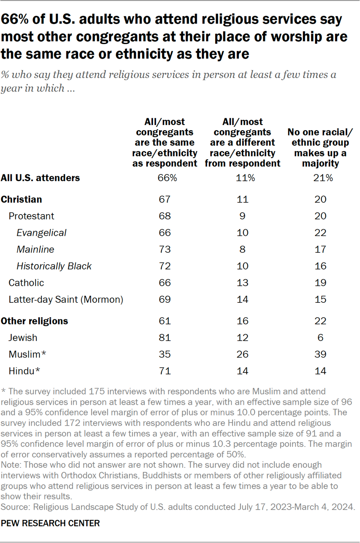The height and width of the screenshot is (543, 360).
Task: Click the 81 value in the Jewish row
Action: (x=165, y=338)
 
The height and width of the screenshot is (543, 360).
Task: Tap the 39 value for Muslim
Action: (x=320, y=355)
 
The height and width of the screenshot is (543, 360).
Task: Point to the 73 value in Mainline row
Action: (x=165, y=249)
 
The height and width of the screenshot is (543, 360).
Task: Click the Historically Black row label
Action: (x=54, y=266)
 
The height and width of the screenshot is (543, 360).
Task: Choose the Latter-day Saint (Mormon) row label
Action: (x=66, y=299)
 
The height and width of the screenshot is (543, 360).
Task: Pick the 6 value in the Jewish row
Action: (x=320, y=338)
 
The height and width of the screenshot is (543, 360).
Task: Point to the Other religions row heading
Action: (x=35, y=321)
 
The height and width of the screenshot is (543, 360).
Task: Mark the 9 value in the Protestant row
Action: (x=243, y=216)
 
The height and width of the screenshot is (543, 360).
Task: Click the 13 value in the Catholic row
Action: (x=243, y=283)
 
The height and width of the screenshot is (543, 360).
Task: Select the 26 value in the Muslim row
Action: (x=243, y=355)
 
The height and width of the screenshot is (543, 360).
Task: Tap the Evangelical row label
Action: (x=42, y=233)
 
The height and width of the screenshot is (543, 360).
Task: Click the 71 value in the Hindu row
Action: (x=165, y=371)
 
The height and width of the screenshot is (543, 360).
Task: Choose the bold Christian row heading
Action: (x=21, y=200)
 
